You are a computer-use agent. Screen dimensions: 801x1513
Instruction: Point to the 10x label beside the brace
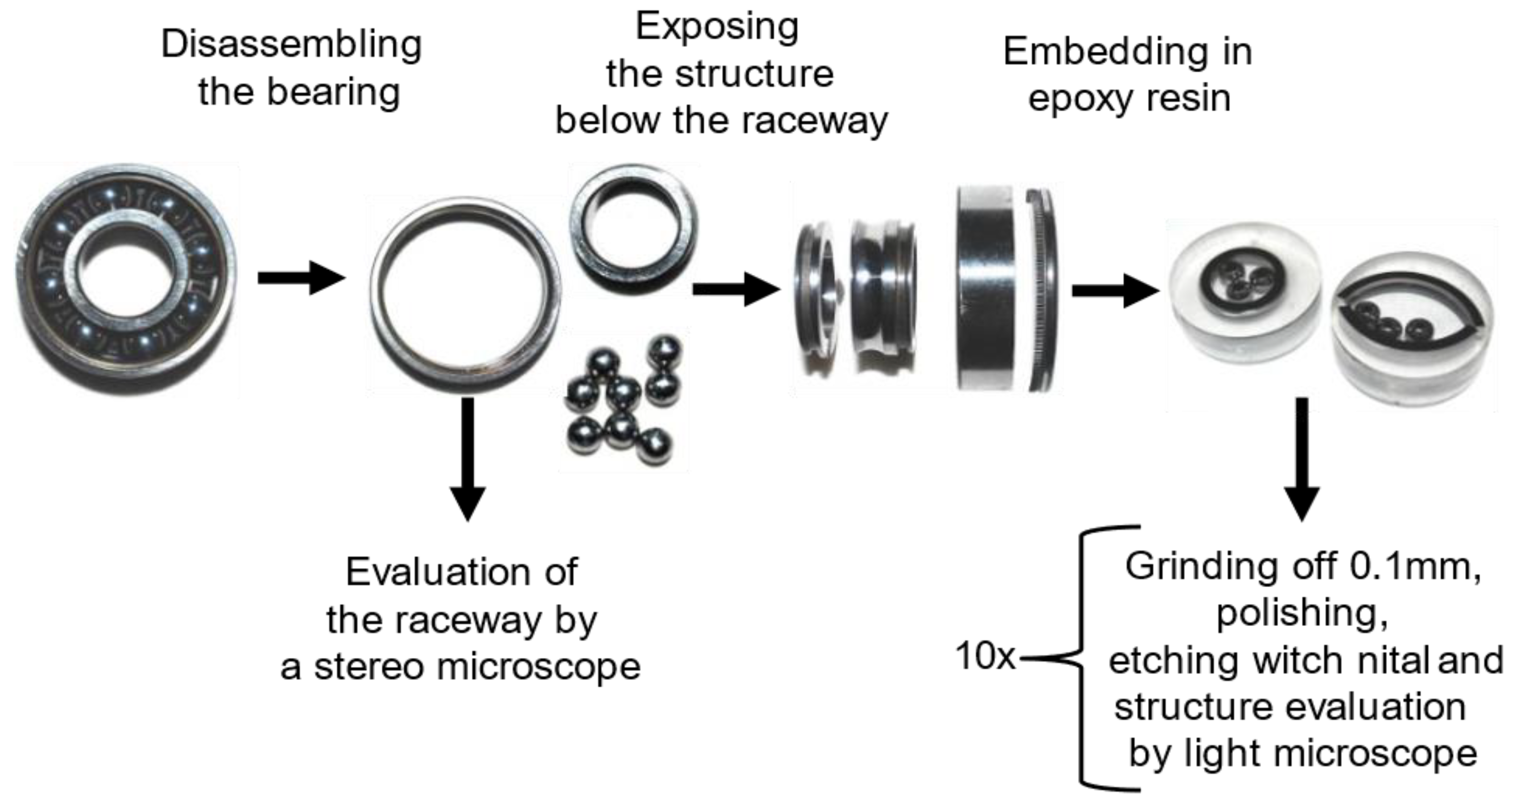[985, 656]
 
